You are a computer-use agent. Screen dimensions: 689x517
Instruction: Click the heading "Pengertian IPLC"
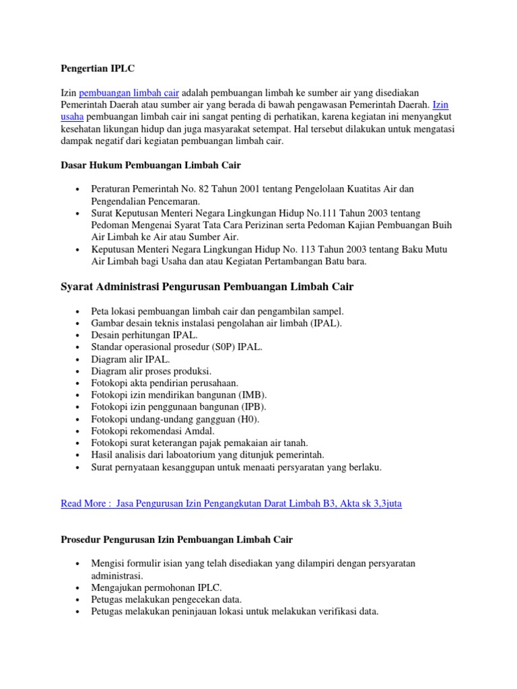(x=98, y=68)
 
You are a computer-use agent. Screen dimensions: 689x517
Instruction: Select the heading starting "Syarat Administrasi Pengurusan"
(x=207, y=287)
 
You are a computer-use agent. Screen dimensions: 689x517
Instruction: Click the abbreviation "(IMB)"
(x=252, y=395)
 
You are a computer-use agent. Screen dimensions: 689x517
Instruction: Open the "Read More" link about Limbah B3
(x=231, y=503)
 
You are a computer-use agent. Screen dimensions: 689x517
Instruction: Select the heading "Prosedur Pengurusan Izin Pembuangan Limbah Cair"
(x=176, y=540)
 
